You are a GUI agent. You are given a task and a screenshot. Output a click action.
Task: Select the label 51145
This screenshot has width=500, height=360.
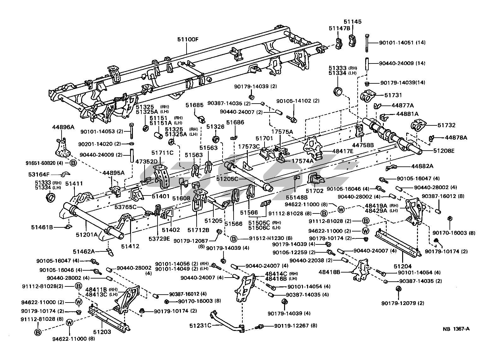(x=353, y=22)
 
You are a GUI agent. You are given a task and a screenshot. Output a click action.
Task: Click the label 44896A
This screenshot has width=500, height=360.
(x=63, y=127)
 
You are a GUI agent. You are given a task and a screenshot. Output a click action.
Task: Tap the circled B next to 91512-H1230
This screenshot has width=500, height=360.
(x=234, y=238)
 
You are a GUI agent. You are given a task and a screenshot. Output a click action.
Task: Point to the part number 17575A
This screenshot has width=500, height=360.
(x=282, y=131)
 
